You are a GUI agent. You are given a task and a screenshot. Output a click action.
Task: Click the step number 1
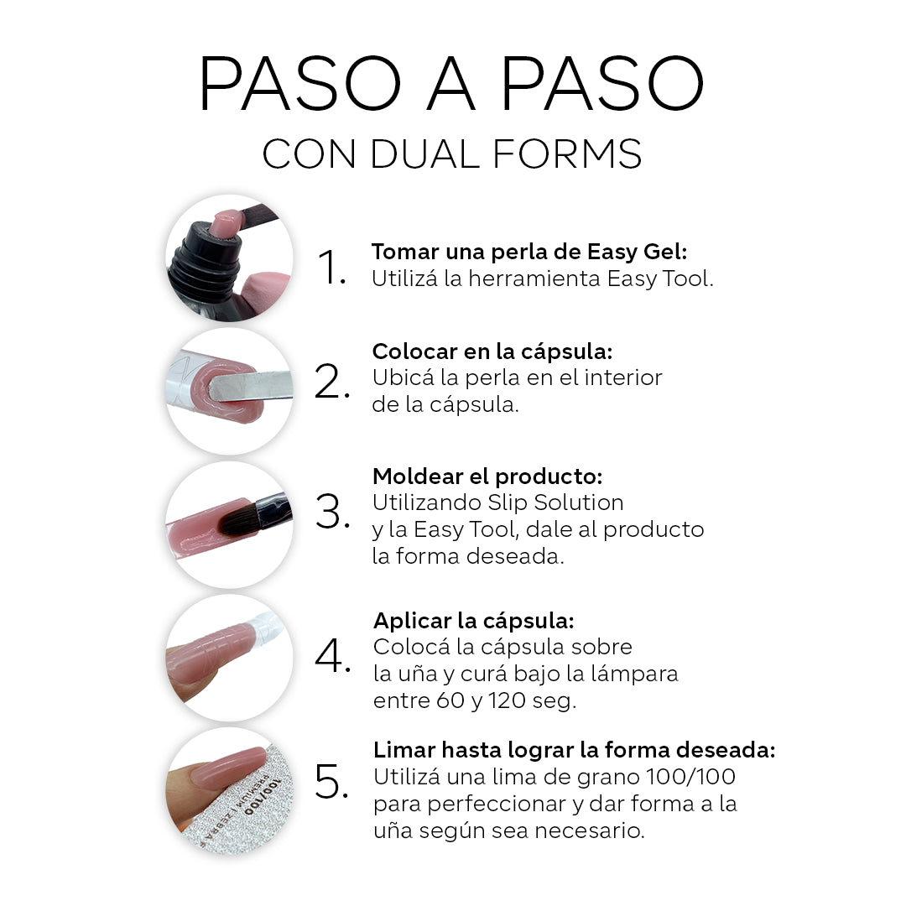coord(331,267)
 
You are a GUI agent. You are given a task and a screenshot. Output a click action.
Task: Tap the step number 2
coord(332,382)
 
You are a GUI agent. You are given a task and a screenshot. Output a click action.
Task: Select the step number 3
coord(332,512)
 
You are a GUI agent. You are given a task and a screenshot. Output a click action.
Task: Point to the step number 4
coord(332,655)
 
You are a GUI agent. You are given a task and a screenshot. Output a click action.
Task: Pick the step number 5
coord(331,781)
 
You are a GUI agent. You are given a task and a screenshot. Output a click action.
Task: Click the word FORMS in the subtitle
coord(567,154)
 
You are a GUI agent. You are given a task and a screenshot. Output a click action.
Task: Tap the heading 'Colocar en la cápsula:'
coord(492,351)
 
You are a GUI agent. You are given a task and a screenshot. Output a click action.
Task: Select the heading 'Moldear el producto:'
coord(487,476)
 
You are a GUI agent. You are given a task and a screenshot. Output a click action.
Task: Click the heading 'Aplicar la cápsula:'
coord(474,621)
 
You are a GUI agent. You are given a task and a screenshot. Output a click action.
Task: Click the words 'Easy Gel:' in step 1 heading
coord(638,253)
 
